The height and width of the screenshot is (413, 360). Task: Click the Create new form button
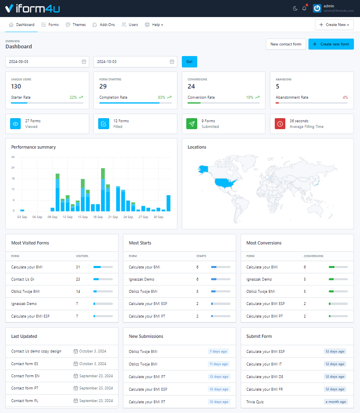coord(331,44)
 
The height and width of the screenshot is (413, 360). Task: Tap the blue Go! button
coord(189,62)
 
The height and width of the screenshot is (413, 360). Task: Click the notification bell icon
coord(304,9)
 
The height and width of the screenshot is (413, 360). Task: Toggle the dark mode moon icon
coord(295,9)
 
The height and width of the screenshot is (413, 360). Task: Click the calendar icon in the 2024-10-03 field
coord(172,62)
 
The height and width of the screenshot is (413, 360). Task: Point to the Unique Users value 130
coord(16,86)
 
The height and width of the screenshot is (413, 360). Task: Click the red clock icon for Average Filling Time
coord(280,124)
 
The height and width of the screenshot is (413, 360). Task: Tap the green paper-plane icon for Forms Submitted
coord(192,124)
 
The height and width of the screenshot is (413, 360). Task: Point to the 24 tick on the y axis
coord(13,168)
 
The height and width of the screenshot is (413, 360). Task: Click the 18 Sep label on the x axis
coord(98,217)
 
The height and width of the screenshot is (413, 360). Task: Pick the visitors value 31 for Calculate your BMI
coord(78,267)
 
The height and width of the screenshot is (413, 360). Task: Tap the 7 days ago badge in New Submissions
coord(218,352)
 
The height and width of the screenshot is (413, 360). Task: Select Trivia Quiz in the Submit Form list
coord(256,402)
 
